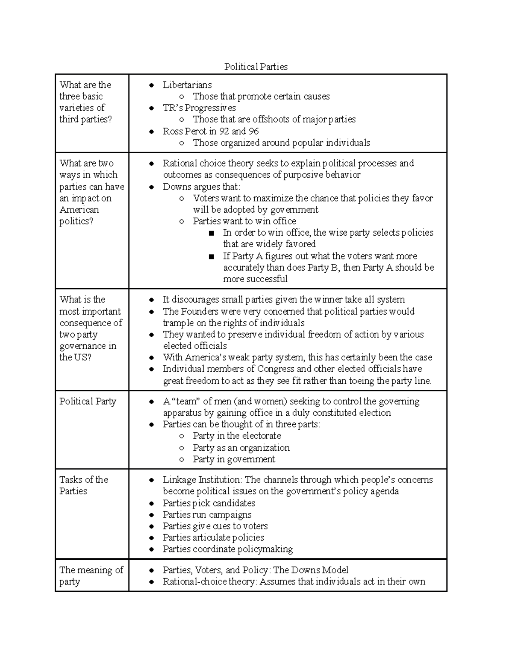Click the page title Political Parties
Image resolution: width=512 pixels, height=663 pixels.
[x=256, y=67]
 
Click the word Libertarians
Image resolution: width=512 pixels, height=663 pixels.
[x=187, y=85]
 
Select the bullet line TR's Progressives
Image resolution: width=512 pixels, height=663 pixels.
[x=199, y=108]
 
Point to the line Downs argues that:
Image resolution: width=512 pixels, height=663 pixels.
[x=201, y=187]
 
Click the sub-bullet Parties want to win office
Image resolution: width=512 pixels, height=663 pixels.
[x=244, y=221]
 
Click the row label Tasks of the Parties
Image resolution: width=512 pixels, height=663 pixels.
[x=84, y=485]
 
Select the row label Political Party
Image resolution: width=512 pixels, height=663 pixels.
[x=87, y=401]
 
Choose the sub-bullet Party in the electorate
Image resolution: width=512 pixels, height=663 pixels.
[x=237, y=436]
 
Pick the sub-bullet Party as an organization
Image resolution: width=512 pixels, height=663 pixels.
[x=241, y=447]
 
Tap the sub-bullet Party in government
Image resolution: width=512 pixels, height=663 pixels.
[x=234, y=459]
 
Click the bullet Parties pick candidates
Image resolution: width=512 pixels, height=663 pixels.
[x=209, y=503]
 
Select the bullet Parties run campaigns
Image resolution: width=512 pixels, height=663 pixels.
[x=207, y=514]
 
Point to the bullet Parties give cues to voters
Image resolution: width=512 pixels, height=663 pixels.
[x=215, y=526]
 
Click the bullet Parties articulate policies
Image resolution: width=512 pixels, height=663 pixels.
[x=213, y=537]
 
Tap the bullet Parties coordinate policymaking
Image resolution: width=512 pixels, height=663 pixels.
[x=227, y=549]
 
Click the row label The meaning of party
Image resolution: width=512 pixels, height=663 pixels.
[x=91, y=575]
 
